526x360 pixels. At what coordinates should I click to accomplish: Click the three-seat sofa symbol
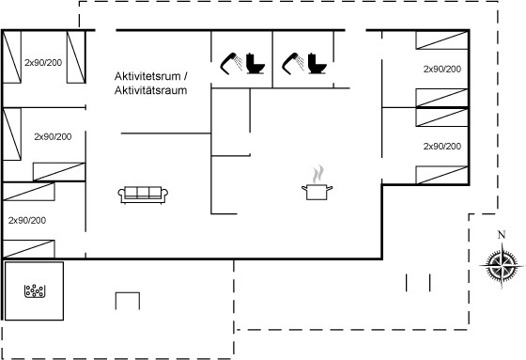click(143, 195)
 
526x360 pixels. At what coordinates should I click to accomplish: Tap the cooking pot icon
click(317, 192)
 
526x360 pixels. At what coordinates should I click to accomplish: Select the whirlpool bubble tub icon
click(34, 290)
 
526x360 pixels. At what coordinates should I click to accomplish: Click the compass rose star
click(502, 266)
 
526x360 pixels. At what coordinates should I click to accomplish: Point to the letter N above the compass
click(502, 235)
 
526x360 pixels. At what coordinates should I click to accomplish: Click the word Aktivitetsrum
click(147, 76)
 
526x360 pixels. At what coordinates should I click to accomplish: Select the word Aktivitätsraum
click(150, 90)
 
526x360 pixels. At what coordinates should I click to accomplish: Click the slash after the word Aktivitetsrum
click(185, 76)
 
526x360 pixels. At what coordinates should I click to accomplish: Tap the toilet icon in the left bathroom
click(255, 63)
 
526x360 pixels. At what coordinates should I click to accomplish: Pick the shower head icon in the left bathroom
click(231, 63)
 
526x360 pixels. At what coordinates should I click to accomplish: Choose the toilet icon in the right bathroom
click(317, 63)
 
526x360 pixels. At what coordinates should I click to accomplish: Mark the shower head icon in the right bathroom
click(293, 63)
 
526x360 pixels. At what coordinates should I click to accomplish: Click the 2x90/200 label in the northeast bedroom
click(442, 70)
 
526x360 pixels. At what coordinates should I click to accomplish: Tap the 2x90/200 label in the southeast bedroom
click(442, 147)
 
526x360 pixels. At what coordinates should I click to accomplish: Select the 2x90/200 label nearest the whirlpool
click(27, 221)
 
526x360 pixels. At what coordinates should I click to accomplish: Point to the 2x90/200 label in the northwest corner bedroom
click(43, 62)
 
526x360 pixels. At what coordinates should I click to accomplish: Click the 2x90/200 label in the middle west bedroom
click(53, 136)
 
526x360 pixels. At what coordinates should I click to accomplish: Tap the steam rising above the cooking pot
click(318, 174)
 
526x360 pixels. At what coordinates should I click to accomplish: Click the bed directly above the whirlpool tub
click(28, 249)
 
